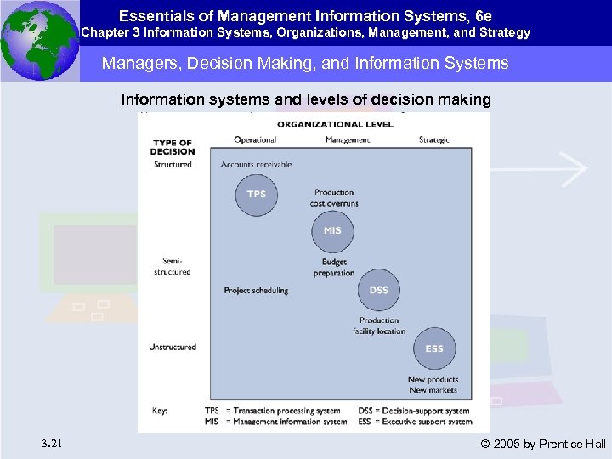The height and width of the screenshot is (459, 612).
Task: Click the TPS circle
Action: (x=256, y=195)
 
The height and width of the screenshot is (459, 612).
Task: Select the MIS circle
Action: (x=332, y=231)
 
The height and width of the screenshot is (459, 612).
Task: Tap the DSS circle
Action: (x=379, y=291)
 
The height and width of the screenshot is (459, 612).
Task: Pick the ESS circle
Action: (x=433, y=348)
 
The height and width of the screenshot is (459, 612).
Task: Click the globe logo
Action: (x=40, y=41)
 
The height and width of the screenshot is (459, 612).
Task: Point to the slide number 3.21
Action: (x=50, y=443)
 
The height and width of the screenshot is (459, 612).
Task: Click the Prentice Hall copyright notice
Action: (x=543, y=444)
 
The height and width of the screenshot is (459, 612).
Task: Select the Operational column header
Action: (x=255, y=140)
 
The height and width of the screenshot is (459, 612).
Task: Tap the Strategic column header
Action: (x=434, y=140)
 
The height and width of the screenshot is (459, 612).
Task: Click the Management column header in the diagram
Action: (x=347, y=140)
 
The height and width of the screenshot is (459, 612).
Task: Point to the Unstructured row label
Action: (x=173, y=347)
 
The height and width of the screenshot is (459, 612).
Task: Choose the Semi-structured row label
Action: (x=173, y=266)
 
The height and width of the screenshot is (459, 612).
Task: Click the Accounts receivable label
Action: (x=256, y=164)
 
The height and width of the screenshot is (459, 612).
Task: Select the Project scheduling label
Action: (x=256, y=291)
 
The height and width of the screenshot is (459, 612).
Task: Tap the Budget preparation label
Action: (x=334, y=268)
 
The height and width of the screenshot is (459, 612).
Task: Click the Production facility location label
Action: (x=379, y=326)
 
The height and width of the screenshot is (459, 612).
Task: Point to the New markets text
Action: (x=433, y=390)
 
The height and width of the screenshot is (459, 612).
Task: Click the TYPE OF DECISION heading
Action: (x=173, y=147)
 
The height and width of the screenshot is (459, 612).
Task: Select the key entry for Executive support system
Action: (x=424, y=421)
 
